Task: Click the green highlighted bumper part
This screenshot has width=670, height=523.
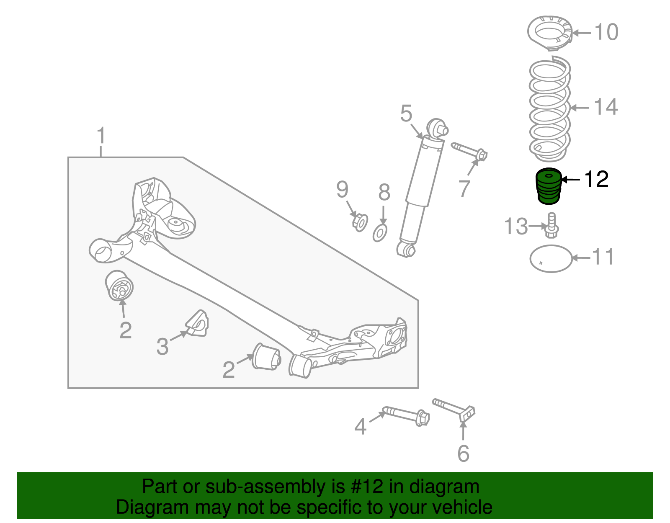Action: click(x=549, y=186)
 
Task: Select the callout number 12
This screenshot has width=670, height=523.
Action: click(x=596, y=179)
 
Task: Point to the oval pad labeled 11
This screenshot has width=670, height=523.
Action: click(x=551, y=258)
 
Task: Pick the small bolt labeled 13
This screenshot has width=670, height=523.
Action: click(x=551, y=226)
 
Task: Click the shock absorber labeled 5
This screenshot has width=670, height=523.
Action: click(x=423, y=184)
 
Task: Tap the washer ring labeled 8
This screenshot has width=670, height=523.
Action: click(x=380, y=233)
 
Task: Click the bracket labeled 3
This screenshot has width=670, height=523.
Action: click(x=198, y=323)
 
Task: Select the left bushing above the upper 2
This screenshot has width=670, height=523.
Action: click(x=119, y=286)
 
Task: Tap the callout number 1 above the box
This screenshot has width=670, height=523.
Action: click(x=101, y=137)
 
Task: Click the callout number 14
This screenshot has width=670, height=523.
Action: click(x=606, y=107)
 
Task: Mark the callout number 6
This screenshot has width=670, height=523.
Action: click(x=463, y=453)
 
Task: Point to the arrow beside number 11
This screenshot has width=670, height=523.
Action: click(x=581, y=258)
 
